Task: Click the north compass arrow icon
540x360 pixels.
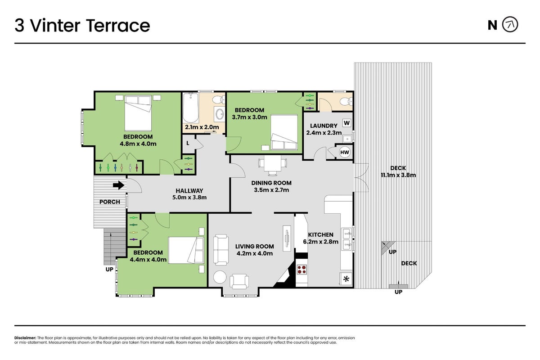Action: (510, 24)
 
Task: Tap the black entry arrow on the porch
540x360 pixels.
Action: (119, 185)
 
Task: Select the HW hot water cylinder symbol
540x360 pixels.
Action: (345, 152)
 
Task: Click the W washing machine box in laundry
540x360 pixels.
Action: (346, 123)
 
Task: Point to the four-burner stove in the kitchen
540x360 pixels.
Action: (301, 270)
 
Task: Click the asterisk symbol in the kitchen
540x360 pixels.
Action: (346, 279)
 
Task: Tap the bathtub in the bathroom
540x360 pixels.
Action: (191, 108)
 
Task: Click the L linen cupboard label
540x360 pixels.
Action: (188, 143)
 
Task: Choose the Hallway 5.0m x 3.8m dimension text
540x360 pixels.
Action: (189, 198)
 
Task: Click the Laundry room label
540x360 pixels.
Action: (324, 126)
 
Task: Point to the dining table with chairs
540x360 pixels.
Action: (273, 165)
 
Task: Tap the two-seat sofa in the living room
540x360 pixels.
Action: (221, 250)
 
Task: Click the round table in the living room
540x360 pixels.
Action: (220, 277)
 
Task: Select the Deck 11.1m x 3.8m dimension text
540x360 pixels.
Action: (398, 175)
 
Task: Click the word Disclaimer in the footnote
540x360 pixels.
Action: (25, 338)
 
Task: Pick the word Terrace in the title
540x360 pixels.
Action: (118, 26)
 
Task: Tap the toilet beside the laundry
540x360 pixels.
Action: (346, 101)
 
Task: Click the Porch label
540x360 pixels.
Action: (110, 202)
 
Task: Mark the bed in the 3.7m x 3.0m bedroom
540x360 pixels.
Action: (284, 133)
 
